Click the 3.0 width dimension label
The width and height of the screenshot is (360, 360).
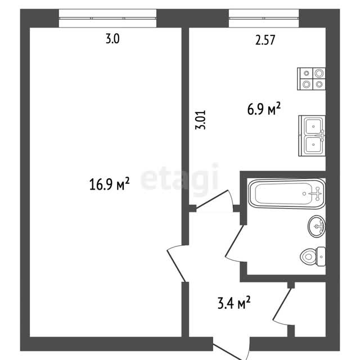tap(112, 39)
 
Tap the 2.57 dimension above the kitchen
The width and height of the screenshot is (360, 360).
tap(265, 40)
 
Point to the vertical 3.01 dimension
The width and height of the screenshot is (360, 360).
tap(200, 120)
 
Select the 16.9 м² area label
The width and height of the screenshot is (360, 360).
tap(109, 184)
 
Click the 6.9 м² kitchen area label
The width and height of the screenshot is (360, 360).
tap(264, 109)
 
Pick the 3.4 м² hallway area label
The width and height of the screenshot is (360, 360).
tap(234, 303)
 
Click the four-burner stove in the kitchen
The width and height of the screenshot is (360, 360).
tap(311, 79)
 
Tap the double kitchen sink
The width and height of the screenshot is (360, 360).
tap(312, 136)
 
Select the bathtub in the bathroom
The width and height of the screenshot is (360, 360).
tap(287, 193)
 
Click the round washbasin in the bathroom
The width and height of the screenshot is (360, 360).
tap(317, 226)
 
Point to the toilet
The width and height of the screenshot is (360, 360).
tap(313, 256)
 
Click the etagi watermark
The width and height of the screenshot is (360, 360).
tap(179, 178)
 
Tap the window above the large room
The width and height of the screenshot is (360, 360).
tap(107, 19)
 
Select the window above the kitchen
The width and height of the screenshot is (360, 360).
tap(264, 19)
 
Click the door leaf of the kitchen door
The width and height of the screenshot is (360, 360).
tap(212, 199)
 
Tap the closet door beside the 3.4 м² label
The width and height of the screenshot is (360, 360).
tap(282, 304)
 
